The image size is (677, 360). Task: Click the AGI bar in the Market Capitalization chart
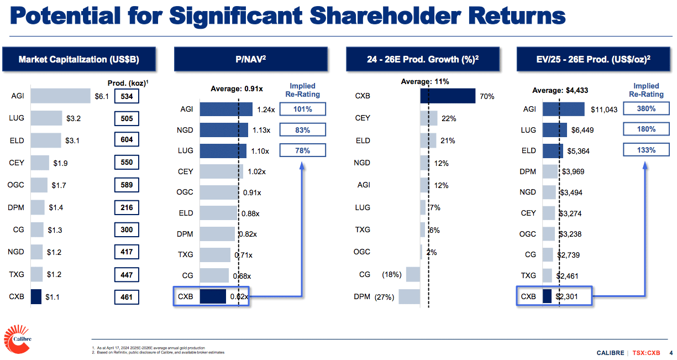point(60,96)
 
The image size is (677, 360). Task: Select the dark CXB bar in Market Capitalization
point(36,297)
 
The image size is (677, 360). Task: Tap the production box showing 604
point(127,139)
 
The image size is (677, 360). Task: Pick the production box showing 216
point(127,207)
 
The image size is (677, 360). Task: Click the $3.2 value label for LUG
point(74,118)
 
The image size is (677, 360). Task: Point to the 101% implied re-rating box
point(302,109)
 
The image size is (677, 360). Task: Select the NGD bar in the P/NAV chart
point(224,130)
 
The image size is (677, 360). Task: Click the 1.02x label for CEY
point(256,172)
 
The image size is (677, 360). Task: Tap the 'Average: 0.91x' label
point(237,89)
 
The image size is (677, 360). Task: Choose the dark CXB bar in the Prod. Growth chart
point(448,96)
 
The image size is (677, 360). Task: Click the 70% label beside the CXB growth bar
point(487,97)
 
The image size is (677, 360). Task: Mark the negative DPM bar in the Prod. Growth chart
point(409,297)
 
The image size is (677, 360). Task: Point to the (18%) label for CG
point(392,274)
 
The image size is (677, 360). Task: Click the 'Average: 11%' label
point(425,82)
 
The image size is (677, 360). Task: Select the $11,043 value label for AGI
point(604,109)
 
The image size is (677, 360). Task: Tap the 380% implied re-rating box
point(646,108)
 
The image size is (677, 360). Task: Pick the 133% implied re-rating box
point(646,150)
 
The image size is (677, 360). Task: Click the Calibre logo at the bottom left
point(18,339)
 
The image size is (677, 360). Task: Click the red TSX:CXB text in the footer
point(646,353)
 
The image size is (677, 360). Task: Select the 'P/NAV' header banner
point(251,59)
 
